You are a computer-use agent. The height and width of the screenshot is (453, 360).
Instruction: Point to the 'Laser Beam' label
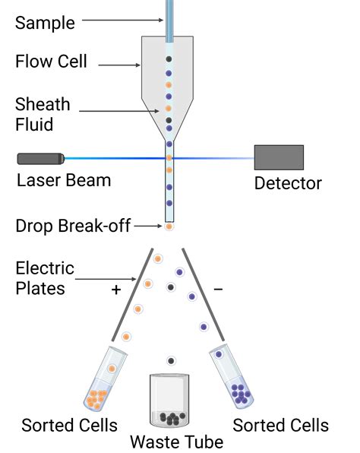(x=64, y=180)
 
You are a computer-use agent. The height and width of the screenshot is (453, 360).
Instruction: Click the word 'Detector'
(x=288, y=183)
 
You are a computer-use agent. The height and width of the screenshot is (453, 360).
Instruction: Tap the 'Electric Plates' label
(x=45, y=278)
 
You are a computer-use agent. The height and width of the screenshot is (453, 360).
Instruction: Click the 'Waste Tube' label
(x=177, y=442)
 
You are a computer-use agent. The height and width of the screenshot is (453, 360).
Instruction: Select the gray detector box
(x=279, y=157)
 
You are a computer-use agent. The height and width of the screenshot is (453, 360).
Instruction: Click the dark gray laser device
(x=40, y=158)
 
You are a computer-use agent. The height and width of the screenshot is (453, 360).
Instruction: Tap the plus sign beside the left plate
(x=117, y=290)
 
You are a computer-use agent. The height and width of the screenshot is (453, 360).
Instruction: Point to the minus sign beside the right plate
(x=219, y=289)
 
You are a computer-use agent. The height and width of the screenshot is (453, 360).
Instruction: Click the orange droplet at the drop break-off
(x=169, y=226)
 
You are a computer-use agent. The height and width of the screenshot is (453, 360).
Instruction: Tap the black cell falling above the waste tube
(x=172, y=360)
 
